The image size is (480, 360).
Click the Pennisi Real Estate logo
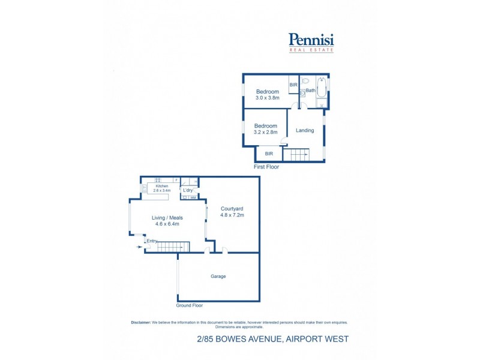tap(311, 41)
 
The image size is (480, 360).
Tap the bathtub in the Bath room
tap(322, 88)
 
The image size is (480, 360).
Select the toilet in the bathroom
tap(305, 80)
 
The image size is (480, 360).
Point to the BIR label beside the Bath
tap(293, 85)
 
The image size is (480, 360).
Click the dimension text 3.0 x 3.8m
tap(268, 98)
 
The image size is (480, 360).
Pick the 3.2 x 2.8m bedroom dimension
tap(265, 132)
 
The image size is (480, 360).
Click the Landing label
tap(305, 130)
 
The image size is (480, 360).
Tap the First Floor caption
tap(266, 167)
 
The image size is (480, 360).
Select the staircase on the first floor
tap(295, 155)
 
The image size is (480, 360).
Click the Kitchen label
tap(162, 186)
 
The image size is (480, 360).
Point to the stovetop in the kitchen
tap(158, 179)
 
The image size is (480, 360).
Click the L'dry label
tap(188, 191)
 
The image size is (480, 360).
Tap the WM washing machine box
tap(193, 197)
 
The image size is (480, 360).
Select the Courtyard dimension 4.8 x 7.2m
tap(232, 214)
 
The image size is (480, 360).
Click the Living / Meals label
tap(167, 218)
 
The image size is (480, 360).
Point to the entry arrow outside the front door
tap(140, 247)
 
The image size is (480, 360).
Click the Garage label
tap(218, 277)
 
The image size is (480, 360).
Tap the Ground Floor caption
tap(190, 305)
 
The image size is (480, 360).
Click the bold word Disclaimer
tap(140, 322)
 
